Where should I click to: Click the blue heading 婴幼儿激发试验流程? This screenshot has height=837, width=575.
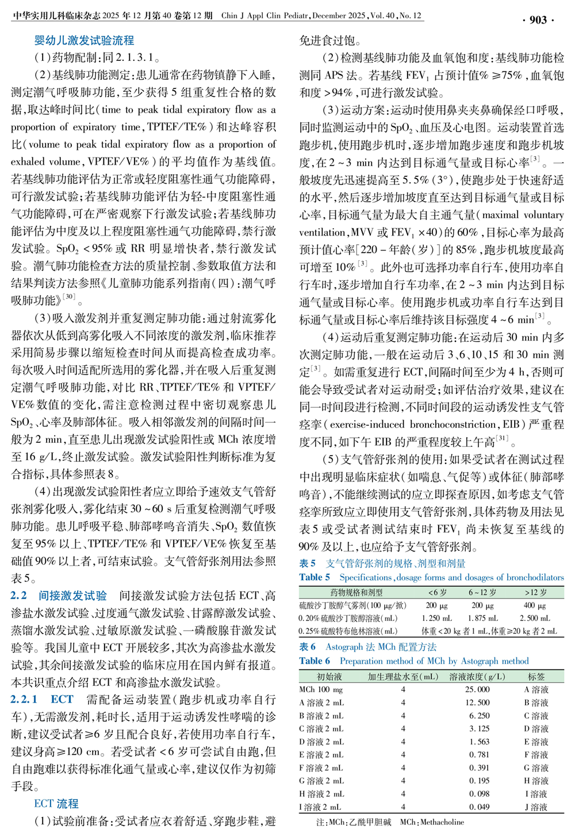pos(84,40)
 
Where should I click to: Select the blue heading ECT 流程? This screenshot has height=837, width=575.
pos(56,804)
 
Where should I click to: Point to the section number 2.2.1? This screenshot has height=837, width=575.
pos(24,700)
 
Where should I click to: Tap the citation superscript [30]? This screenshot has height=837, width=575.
pos(68,297)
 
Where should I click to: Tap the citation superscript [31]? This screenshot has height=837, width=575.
pos(502,438)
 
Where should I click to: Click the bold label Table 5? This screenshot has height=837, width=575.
pos(315,577)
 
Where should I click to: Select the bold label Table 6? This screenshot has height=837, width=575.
pos(315,661)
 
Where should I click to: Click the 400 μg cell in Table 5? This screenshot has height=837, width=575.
pos(535,605)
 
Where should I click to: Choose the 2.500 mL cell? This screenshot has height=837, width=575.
pos(535,618)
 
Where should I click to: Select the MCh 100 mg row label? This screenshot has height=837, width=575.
pos(321,689)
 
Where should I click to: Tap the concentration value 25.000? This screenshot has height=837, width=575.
pos(478,689)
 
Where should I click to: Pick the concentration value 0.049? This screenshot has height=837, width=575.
pos(479,807)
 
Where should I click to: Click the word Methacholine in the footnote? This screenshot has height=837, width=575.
pos(442,822)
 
